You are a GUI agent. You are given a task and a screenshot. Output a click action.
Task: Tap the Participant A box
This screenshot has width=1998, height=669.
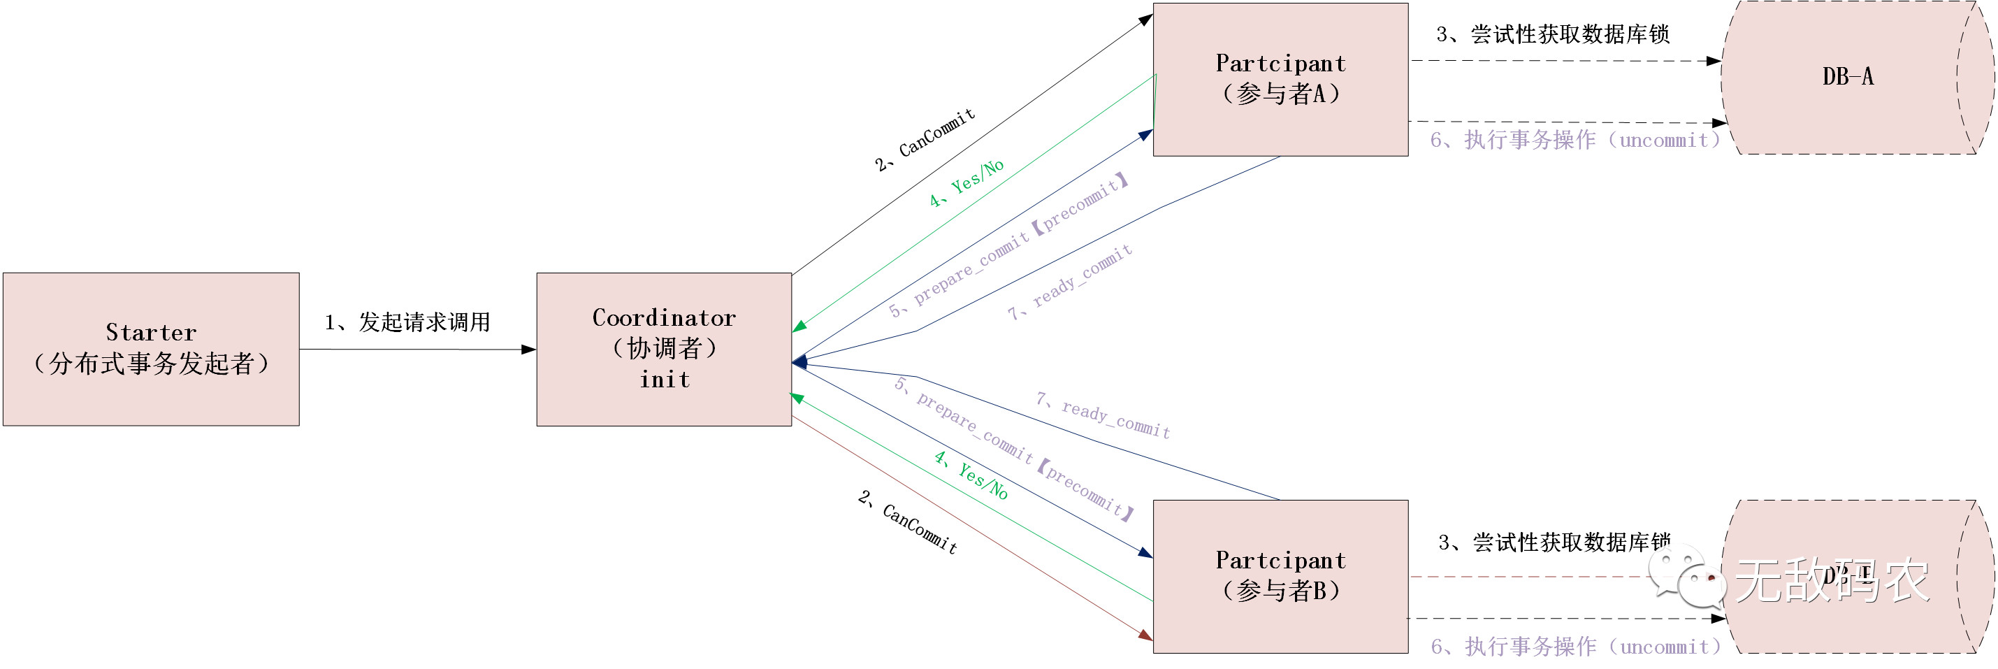[x=1280, y=79]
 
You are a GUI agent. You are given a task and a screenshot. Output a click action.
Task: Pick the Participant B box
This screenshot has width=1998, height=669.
[x=1280, y=576]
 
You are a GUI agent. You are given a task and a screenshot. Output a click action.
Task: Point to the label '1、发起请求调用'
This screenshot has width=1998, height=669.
[x=407, y=322]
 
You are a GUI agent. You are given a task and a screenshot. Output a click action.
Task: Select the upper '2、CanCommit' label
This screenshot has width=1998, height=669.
[x=925, y=141]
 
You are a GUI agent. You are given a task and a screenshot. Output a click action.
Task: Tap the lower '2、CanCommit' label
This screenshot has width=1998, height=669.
[x=908, y=521]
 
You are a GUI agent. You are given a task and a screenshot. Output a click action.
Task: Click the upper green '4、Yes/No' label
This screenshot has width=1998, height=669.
[x=967, y=183]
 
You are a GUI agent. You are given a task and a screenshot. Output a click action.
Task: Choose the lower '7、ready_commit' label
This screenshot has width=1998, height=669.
[x=1102, y=415]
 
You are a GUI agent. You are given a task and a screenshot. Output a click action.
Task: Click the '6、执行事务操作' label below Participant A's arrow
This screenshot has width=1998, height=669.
[x=1574, y=140]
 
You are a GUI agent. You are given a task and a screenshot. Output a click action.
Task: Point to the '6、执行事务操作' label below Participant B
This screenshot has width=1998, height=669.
[x=1574, y=646]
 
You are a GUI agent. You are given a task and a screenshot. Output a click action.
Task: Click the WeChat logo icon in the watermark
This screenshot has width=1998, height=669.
[x=1687, y=577]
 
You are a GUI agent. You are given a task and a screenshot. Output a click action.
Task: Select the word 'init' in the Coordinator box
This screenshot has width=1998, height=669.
[x=664, y=380]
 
